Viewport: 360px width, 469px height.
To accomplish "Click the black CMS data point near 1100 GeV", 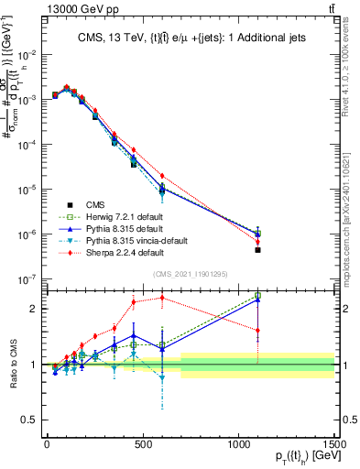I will [x=258, y=250].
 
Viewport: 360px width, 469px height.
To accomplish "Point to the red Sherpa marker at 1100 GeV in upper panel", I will [x=258, y=242].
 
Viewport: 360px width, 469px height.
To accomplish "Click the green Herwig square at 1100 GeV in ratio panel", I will [x=258, y=296].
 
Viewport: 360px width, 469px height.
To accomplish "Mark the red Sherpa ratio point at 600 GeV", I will [x=162, y=297].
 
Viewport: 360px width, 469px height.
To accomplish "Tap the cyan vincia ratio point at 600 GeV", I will [x=162, y=377].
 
